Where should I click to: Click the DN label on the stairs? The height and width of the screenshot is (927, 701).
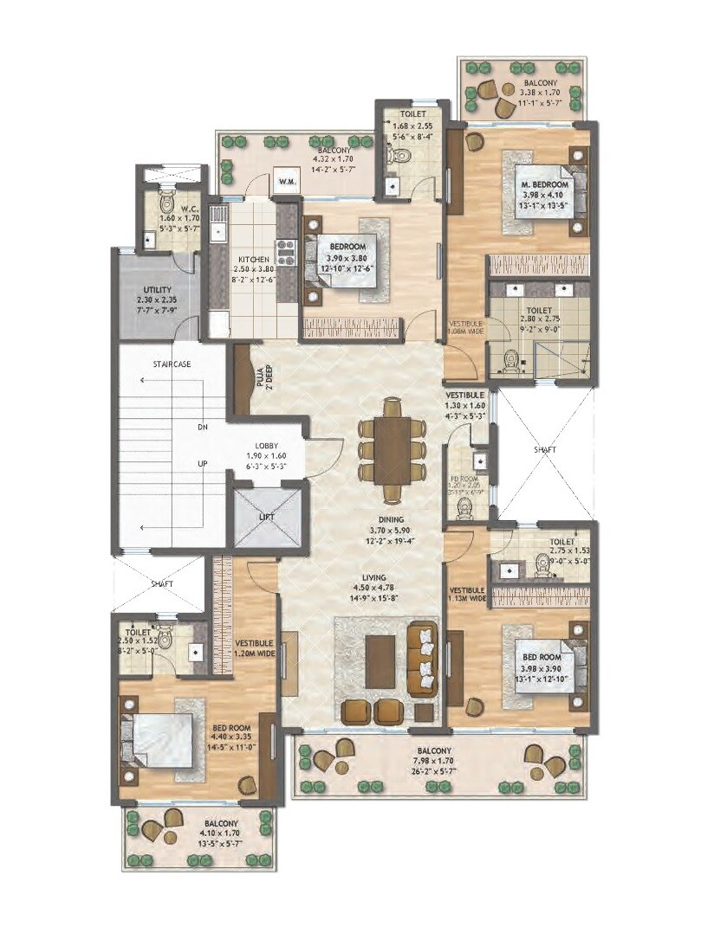click(x=202, y=428)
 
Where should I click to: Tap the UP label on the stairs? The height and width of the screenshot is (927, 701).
click(x=202, y=464)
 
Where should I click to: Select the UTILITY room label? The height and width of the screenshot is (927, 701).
click(x=157, y=290)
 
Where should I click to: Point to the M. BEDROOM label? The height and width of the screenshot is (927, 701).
click(x=544, y=185)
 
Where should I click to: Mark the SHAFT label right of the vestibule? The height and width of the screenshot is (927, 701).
click(x=544, y=450)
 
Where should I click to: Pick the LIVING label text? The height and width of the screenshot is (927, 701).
click(x=374, y=577)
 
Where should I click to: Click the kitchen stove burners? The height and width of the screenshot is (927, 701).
click(x=286, y=252)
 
